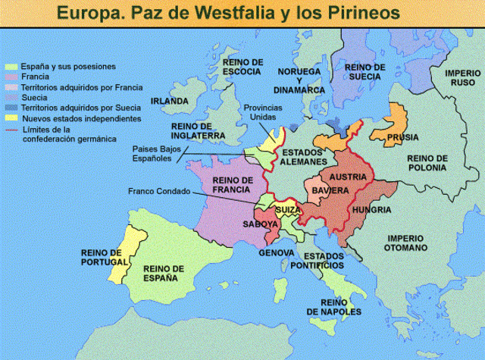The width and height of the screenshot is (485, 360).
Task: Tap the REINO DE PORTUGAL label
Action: (101, 257)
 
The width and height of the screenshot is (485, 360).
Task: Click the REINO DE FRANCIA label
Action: (232, 184)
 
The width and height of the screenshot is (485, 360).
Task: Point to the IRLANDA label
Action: (170, 101)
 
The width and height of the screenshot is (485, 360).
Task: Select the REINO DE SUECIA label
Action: (365, 72)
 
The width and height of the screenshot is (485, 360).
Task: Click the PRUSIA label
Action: (402, 137)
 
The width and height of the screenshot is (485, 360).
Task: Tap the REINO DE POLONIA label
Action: (427, 163)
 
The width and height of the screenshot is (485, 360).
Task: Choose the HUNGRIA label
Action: (371, 209)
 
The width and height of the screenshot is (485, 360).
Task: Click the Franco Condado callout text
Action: (159, 191)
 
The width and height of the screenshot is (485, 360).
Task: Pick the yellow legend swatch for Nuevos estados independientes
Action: (11, 119)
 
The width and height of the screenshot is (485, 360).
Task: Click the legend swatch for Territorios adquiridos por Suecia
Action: (11, 108)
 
